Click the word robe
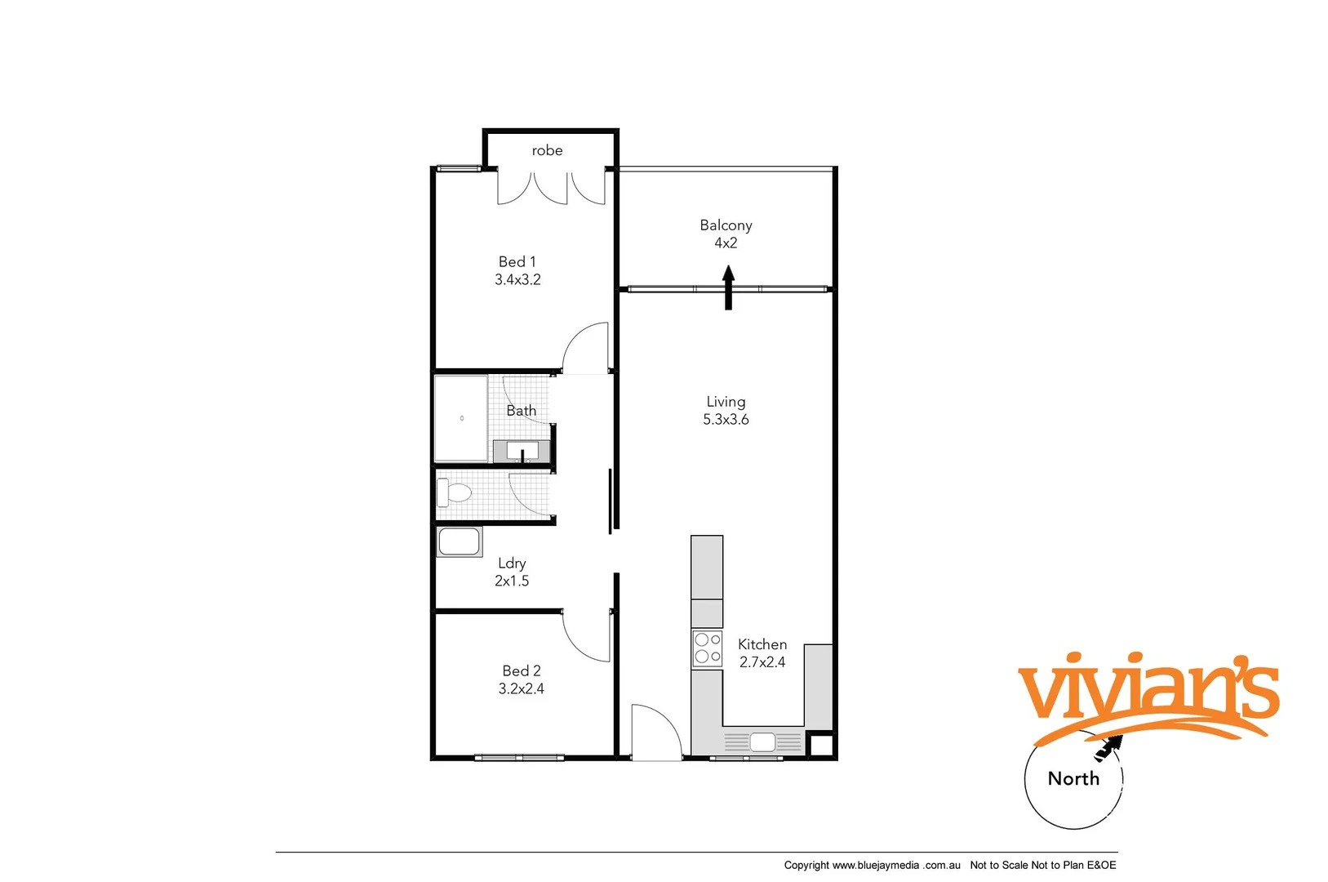coord(547,150)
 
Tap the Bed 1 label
coord(517,262)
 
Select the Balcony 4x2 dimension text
coord(726,243)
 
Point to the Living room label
coord(726,402)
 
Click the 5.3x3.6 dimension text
coord(726,420)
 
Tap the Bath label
coord(522,411)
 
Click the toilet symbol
coord(454,492)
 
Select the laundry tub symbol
coord(459,542)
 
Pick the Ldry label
coord(512,563)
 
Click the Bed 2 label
coord(522,671)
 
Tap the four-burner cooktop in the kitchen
coord(707,648)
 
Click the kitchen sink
coord(762,742)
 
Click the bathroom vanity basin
coord(522,450)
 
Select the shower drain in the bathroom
coord(462,418)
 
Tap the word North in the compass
coord(1073,779)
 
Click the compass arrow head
coord(1111,744)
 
